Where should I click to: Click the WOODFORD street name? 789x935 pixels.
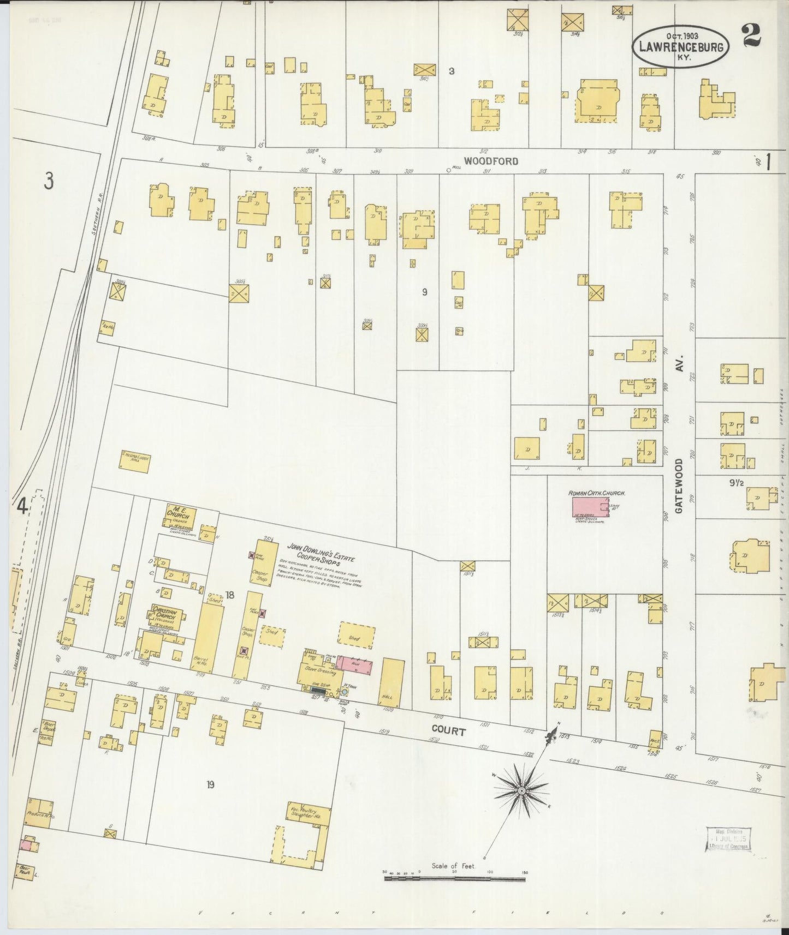[491, 161]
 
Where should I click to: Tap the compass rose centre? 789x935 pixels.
[521, 790]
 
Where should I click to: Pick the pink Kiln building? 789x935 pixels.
[354, 664]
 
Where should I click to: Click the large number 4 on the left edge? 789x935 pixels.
[22, 507]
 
